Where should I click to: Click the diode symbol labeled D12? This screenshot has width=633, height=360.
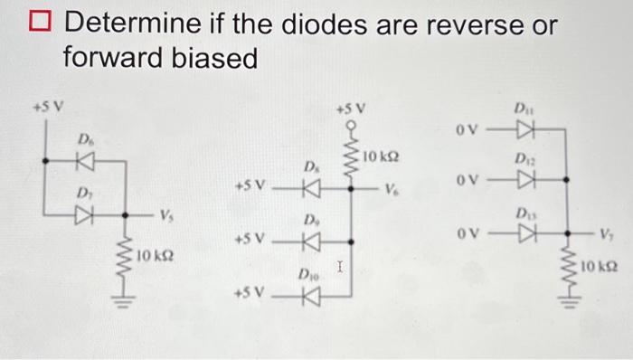tap(521, 180)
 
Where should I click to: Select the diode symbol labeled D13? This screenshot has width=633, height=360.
tap(521, 234)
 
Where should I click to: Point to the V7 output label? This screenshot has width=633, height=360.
tap(605, 234)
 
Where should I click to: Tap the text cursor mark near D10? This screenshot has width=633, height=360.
tap(337, 266)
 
